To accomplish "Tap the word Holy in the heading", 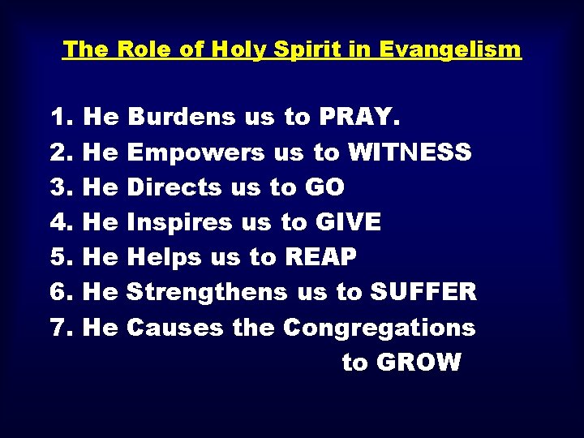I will click(244, 49).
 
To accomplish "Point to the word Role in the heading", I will click(145, 49).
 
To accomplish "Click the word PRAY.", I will click(359, 118).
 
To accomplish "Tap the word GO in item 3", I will click(324, 187).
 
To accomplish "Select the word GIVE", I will click(350, 222).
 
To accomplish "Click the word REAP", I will click(320, 257).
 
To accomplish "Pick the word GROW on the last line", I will click(419, 362).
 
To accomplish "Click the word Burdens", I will click(182, 118).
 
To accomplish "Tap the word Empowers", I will click(196, 152).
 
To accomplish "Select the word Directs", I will click(174, 187).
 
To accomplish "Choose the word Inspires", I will click(181, 222).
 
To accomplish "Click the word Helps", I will click(165, 257).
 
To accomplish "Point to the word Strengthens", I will click(208, 292).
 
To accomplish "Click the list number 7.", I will click(62, 328).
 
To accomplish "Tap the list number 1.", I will click(62, 118).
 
